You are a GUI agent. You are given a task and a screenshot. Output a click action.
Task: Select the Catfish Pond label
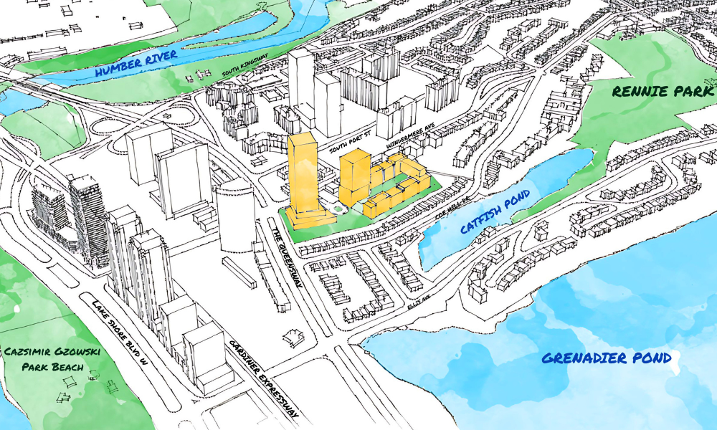point(495,212)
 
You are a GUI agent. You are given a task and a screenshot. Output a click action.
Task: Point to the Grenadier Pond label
point(606,358)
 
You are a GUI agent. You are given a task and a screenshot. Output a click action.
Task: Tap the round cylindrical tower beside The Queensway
point(236,215)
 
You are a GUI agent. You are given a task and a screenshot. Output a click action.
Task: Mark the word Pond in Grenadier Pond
point(649,358)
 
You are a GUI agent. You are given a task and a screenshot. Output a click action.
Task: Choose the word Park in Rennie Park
point(685,92)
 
